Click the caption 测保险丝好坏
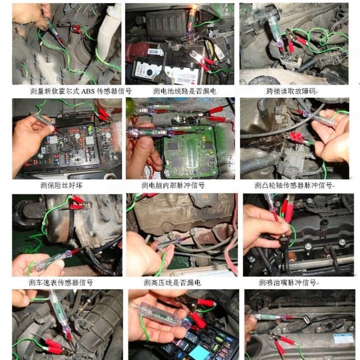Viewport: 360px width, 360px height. click(x=61, y=185)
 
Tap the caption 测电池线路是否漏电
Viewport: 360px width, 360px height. click(x=185, y=91)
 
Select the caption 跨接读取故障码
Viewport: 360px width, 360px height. click(x=291, y=91)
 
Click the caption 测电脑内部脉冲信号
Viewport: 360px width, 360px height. click(x=173, y=185)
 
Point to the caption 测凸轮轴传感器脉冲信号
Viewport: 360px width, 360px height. click(x=294, y=185)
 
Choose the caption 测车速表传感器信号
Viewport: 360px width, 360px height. click(x=61, y=282)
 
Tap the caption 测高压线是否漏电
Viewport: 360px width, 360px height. click(x=173, y=282)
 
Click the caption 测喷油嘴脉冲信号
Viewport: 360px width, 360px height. click(x=288, y=282)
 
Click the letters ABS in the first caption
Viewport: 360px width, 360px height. click(x=88, y=91)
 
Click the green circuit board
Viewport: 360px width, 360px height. click(x=190, y=151)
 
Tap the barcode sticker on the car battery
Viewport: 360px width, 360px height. click(x=152, y=52)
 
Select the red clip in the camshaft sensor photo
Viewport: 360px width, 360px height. click(x=296, y=138)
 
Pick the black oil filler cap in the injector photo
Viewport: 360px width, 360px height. click(x=324, y=222)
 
